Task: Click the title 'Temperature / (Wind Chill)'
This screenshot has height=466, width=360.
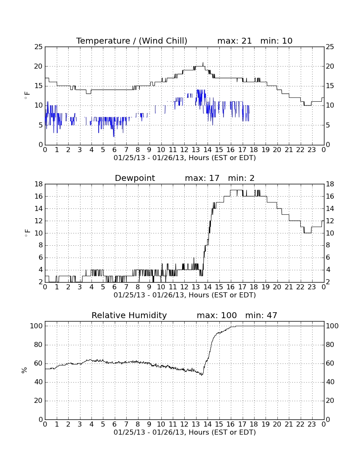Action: point(132,41)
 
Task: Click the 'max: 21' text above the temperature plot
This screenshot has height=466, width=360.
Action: point(234,41)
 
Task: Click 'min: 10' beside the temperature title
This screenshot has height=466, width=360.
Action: point(276,41)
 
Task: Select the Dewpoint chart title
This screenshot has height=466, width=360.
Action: point(135,178)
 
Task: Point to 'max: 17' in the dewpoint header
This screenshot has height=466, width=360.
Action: point(202,178)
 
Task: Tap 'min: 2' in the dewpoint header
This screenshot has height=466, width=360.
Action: point(241,178)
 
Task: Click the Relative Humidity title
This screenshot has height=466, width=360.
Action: point(129,315)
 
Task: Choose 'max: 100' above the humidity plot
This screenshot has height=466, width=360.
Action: point(216,315)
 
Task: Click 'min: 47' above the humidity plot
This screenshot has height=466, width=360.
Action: point(261,315)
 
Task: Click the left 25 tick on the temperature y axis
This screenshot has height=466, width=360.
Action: point(39,47)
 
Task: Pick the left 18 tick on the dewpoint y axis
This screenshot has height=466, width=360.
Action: point(39,184)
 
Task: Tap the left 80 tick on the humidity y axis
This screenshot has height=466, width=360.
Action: point(39,345)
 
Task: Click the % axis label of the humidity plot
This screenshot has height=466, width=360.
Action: point(24,370)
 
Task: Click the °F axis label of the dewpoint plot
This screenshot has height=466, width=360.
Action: point(27,233)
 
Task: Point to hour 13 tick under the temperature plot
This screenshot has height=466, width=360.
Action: point(196,150)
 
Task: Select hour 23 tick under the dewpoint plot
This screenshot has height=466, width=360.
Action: point(312,287)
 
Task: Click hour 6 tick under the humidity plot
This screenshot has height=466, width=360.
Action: point(114,424)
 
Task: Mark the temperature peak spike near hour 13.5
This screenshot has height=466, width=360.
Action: point(203,63)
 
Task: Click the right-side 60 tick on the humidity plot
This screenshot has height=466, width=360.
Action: point(332,363)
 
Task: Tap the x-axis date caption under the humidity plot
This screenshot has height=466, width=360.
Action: point(185,432)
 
